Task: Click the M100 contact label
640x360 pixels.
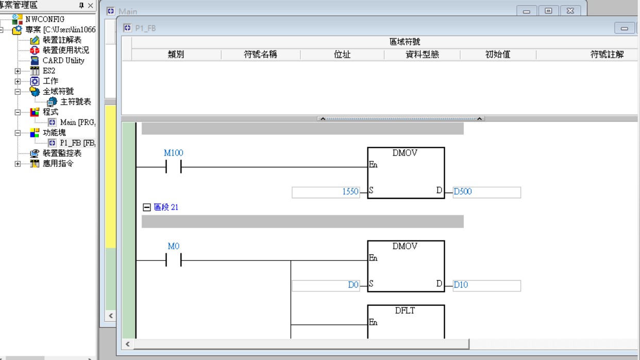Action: (x=173, y=153)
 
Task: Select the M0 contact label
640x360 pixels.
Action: (x=173, y=246)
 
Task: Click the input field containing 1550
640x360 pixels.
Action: (x=326, y=192)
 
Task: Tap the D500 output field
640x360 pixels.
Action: (x=486, y=192)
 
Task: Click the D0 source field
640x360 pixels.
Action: (x=326, y=285)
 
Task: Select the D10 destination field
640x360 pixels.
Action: (x=486, y=285)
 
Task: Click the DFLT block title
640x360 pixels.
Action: (x=405, y=311)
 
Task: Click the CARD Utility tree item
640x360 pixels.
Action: (x=63, y=60)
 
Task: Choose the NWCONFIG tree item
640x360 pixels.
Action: (x=45, y=19)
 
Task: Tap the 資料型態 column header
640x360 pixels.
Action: (x=422, y=55)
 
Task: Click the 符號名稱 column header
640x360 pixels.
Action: (x=260, y=55)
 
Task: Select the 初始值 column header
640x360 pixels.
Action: (x=497, y=55)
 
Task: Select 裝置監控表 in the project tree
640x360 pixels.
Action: (x=61, y=153)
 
